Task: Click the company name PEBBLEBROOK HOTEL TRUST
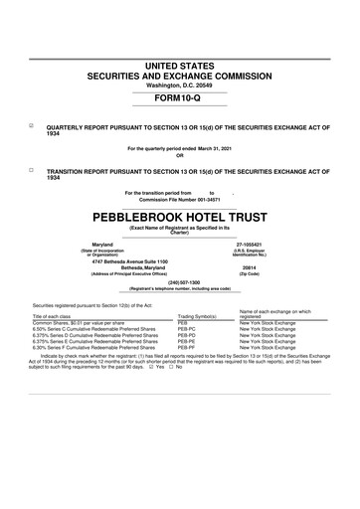pos(179,215)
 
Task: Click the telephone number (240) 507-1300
pos(179,282)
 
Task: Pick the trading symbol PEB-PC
pos(188,329)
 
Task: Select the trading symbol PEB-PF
pos(188,347)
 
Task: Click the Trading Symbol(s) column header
pos(198,317)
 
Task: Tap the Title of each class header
pos(59,317)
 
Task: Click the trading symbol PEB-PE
pos(188,341)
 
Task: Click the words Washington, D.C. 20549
pos(179,85)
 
